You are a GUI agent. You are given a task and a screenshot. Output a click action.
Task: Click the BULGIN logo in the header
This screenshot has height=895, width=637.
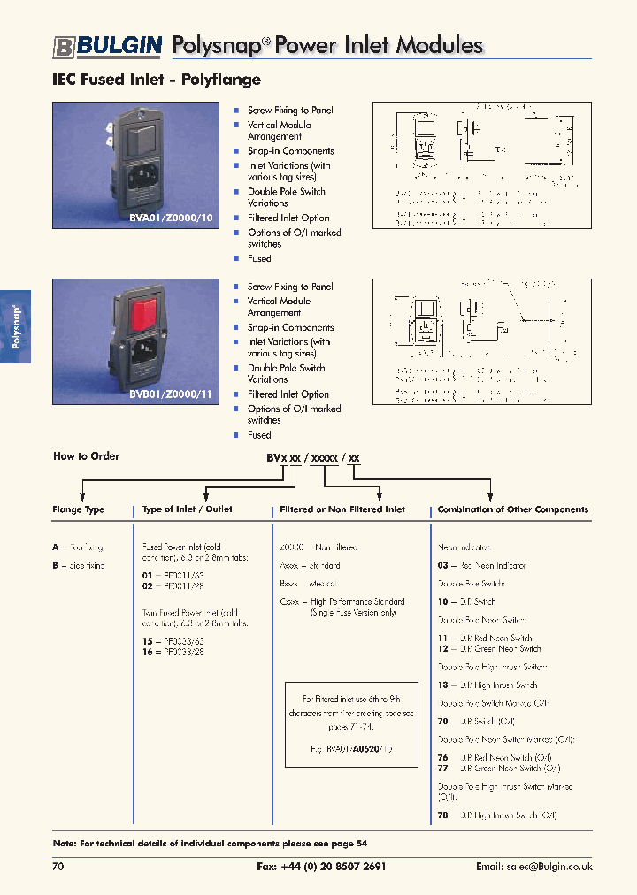pyautogui.click(x=106, y=46)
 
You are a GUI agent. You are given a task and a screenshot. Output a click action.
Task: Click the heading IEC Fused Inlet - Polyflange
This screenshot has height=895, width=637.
pyautogui.click(x=157, y=80)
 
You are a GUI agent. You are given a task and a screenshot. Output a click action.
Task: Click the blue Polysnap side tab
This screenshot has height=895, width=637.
pyautogui.click(x=16, y=326)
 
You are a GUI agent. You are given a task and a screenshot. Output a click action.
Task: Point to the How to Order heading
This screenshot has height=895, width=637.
pyautogui.click(x=86, y=456)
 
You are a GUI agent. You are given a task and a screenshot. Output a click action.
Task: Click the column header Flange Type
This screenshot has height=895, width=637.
pyautogui.click(x=79, y=509)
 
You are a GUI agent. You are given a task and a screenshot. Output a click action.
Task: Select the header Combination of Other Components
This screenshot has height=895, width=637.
pyautogui.click(x=512, y=509)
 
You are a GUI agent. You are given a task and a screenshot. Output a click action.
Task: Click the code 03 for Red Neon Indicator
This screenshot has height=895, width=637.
pyautogui.click(x=443, y=566)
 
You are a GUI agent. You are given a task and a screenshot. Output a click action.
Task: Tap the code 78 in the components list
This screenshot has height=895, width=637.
pyautogui.click(x=443, y=815)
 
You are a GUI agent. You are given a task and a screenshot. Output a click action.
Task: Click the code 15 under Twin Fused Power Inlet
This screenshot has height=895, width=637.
pyautogui.click(x=148, y=640)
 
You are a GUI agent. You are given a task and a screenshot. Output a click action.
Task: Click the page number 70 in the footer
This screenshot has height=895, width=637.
pyautogui.click(x=58, y=868)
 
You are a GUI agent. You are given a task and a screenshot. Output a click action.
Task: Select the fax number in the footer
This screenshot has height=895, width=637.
pyautogui.click(x=321, y=868)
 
